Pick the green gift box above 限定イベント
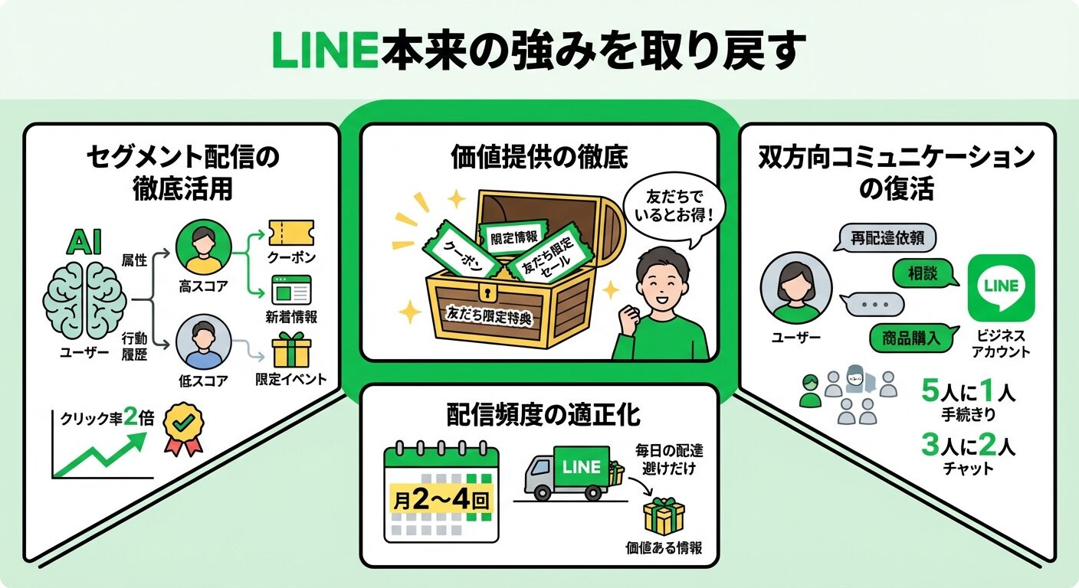pyautogui.click(x=291, y=350)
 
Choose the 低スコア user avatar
pyautogui.click(x=203, y=342)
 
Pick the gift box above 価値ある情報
pyautogui.click(x=664, y=517)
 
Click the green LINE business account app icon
pyautogui.click(x=1001, y=289)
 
